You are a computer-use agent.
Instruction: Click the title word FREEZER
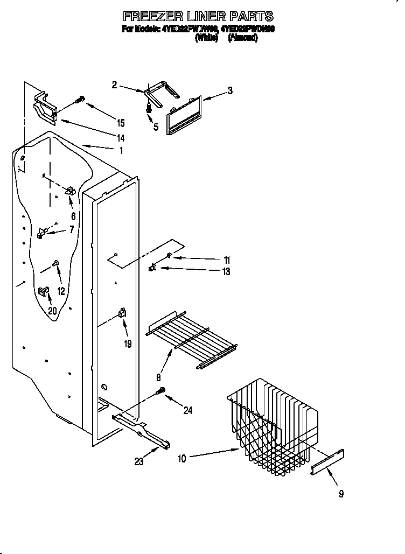(147, 16)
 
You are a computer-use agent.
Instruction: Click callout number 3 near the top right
(230, 91)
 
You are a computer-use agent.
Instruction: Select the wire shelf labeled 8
(191, 339)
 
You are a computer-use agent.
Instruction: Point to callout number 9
(341, 493)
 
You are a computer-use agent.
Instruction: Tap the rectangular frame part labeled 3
(184, 114)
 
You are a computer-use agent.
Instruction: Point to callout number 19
(128, 343)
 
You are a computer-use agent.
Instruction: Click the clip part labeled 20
(44, 291)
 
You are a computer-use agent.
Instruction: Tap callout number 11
(227, 259)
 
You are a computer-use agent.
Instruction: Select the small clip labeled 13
(152, 267)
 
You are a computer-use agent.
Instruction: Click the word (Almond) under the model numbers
(242, 38)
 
